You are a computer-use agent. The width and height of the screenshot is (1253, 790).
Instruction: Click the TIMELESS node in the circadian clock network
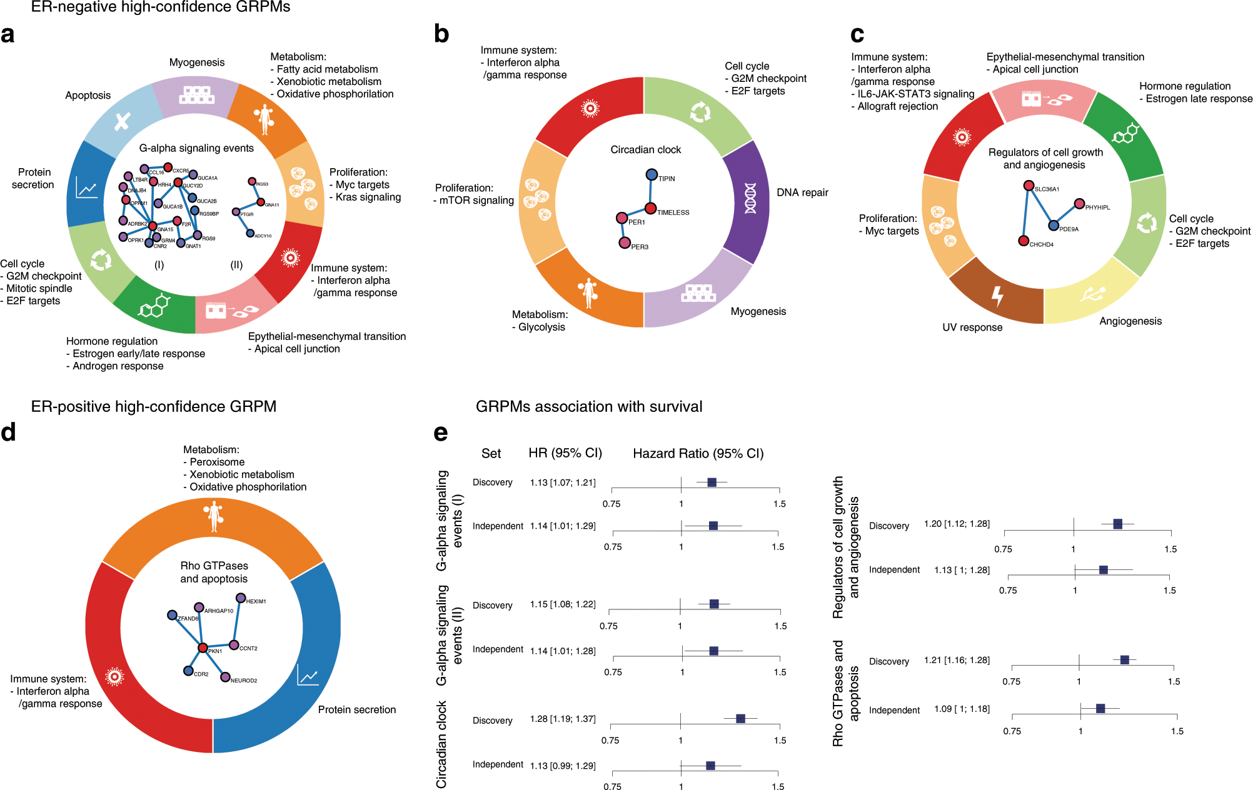[650, 208]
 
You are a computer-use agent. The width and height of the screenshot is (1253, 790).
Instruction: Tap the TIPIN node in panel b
[652, 174]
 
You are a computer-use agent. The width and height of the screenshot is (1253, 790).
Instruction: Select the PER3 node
[625, 242]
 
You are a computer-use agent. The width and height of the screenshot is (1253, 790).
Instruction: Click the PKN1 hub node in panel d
[203, 647]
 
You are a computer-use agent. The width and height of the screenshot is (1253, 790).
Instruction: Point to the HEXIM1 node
[241, 598]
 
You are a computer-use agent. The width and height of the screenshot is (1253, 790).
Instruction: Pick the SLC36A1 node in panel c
[1029, 186]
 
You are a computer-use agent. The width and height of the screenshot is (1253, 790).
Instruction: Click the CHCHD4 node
[1024, 241]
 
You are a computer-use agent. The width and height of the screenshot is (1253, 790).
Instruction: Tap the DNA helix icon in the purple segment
[750, 198]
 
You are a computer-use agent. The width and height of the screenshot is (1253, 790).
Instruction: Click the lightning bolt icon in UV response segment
[997, 296]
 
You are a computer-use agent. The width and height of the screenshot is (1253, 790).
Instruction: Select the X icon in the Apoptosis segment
[123, 121]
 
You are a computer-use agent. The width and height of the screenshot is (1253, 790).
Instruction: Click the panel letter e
[441, 432]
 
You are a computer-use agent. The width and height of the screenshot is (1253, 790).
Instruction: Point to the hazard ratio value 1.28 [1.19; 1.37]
[563, 719]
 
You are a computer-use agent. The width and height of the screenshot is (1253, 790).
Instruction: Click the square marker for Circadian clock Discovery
[740, 719]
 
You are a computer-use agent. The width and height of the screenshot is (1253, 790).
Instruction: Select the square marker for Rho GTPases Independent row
[1100, 708]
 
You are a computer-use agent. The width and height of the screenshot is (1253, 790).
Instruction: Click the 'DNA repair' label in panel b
[802, 192]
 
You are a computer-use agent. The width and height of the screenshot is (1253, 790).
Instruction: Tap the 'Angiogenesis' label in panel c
[1130, 321]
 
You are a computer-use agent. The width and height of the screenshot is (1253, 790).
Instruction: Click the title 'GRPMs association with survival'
[589, 407]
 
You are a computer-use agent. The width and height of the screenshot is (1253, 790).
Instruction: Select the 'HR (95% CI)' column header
[565, 453]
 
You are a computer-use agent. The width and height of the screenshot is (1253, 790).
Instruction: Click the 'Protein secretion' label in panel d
[357, 709]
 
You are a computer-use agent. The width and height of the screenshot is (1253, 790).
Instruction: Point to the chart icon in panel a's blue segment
[87, 187]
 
